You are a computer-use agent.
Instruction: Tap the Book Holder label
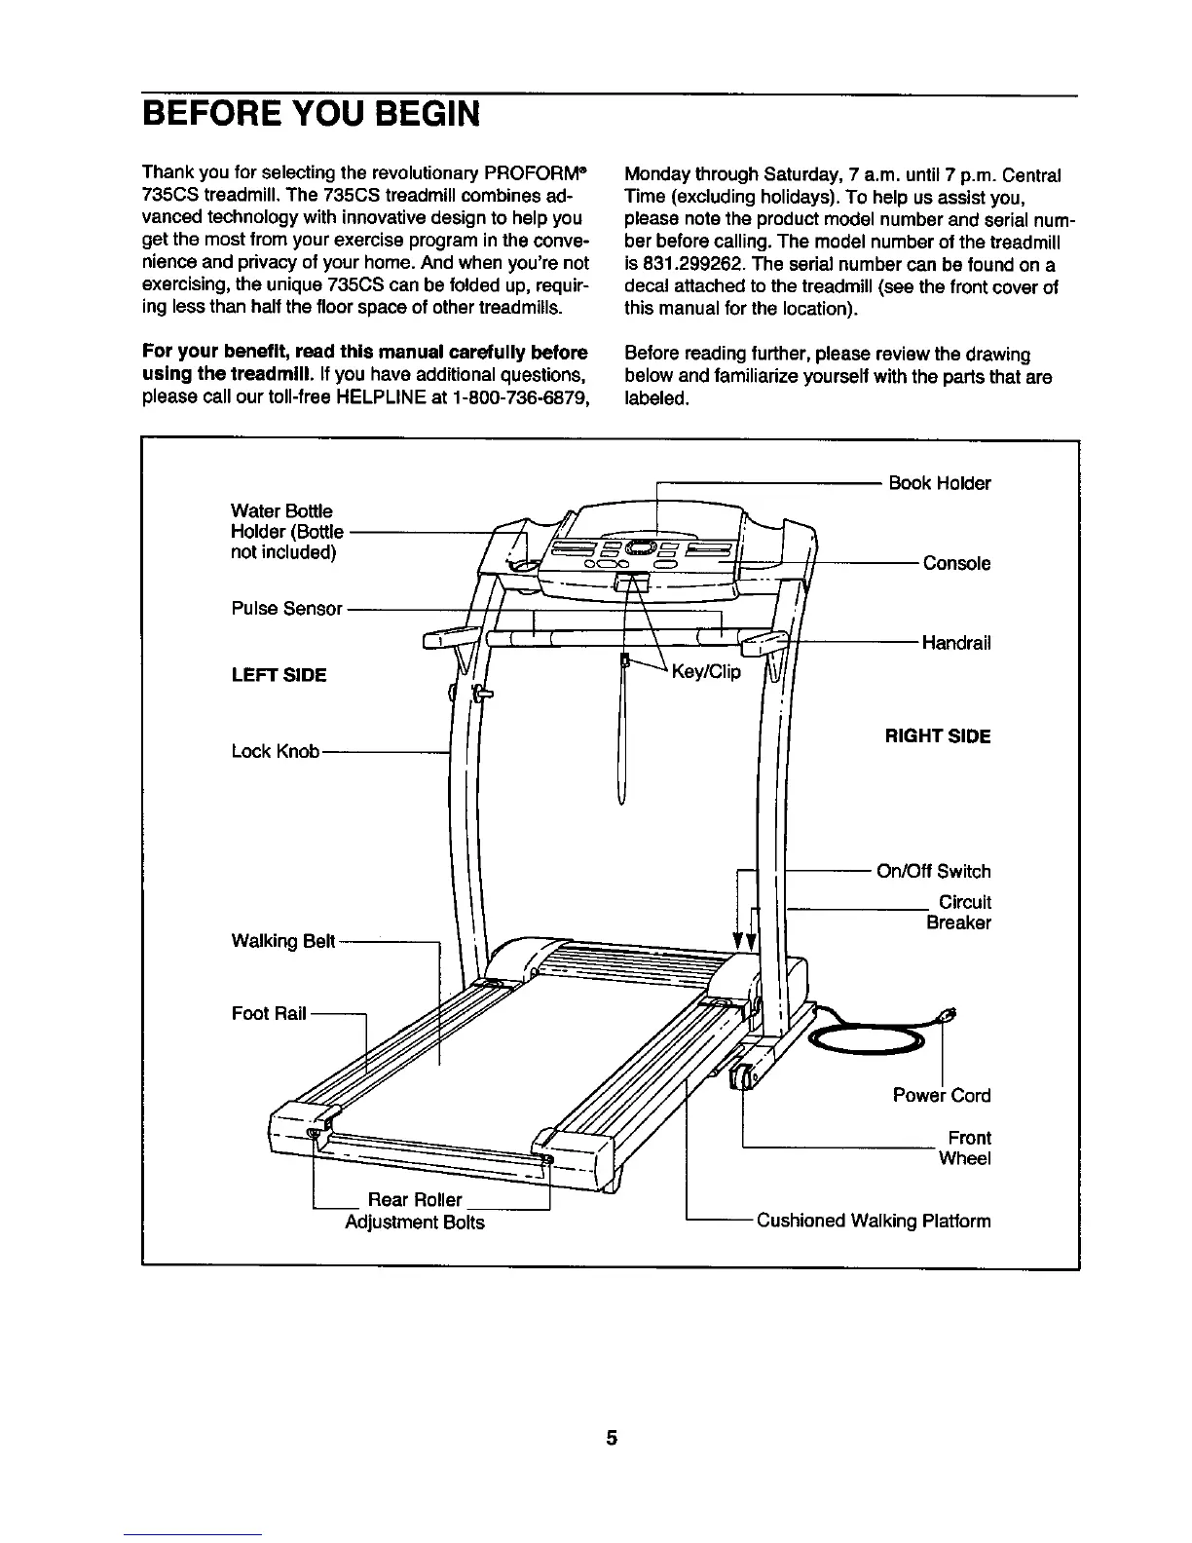pyautogui.click(x=939, y=483)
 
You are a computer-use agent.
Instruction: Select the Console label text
pyautogui.click(x=956, y=563)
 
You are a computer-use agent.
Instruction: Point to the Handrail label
pyautogui.click(x=955, y=643)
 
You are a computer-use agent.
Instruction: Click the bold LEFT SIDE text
pyautogui.click(x=279, y=675)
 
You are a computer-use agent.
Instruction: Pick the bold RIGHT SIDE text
pyautogui.click(x=937, y=736)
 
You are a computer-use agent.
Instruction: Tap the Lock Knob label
pyautogui.click(x=276, y=751)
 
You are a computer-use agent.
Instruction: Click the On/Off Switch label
pyautogui.click(x=933, y=871)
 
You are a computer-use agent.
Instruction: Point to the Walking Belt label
pyautogui.click(x=283, y=941)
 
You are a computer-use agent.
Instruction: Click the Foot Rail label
pyautogui.click(x=269, y=1014)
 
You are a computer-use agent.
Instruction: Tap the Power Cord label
pyautogui.click(x=941, y=1095)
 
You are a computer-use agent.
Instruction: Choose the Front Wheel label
pyautogui.click(x=966, y=1148)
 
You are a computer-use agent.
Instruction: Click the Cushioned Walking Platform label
pyautogui.click(x=874, y=1221)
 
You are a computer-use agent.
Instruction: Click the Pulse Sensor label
pyautogui.click(x=286, y=609)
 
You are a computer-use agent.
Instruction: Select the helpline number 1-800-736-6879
pyautogui.click(x=518, y=398)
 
